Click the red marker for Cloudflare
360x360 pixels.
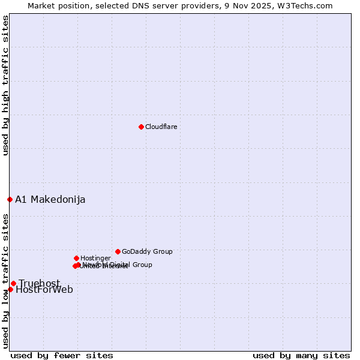141,127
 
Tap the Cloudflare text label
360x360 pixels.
161,127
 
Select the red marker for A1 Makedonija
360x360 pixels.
10,199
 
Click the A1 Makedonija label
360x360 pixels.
50,199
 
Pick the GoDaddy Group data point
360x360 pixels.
118,251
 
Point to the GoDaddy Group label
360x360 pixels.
147,251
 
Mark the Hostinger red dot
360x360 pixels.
76,258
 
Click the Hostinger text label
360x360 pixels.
95,258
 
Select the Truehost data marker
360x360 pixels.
13,283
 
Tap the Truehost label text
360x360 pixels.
40,283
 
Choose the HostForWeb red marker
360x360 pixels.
10,289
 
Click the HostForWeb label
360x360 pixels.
44,290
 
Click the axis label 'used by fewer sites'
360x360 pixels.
62,355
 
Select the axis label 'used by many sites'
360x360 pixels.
301,355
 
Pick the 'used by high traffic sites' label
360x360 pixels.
5,85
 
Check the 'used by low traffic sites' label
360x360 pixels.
5,282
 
